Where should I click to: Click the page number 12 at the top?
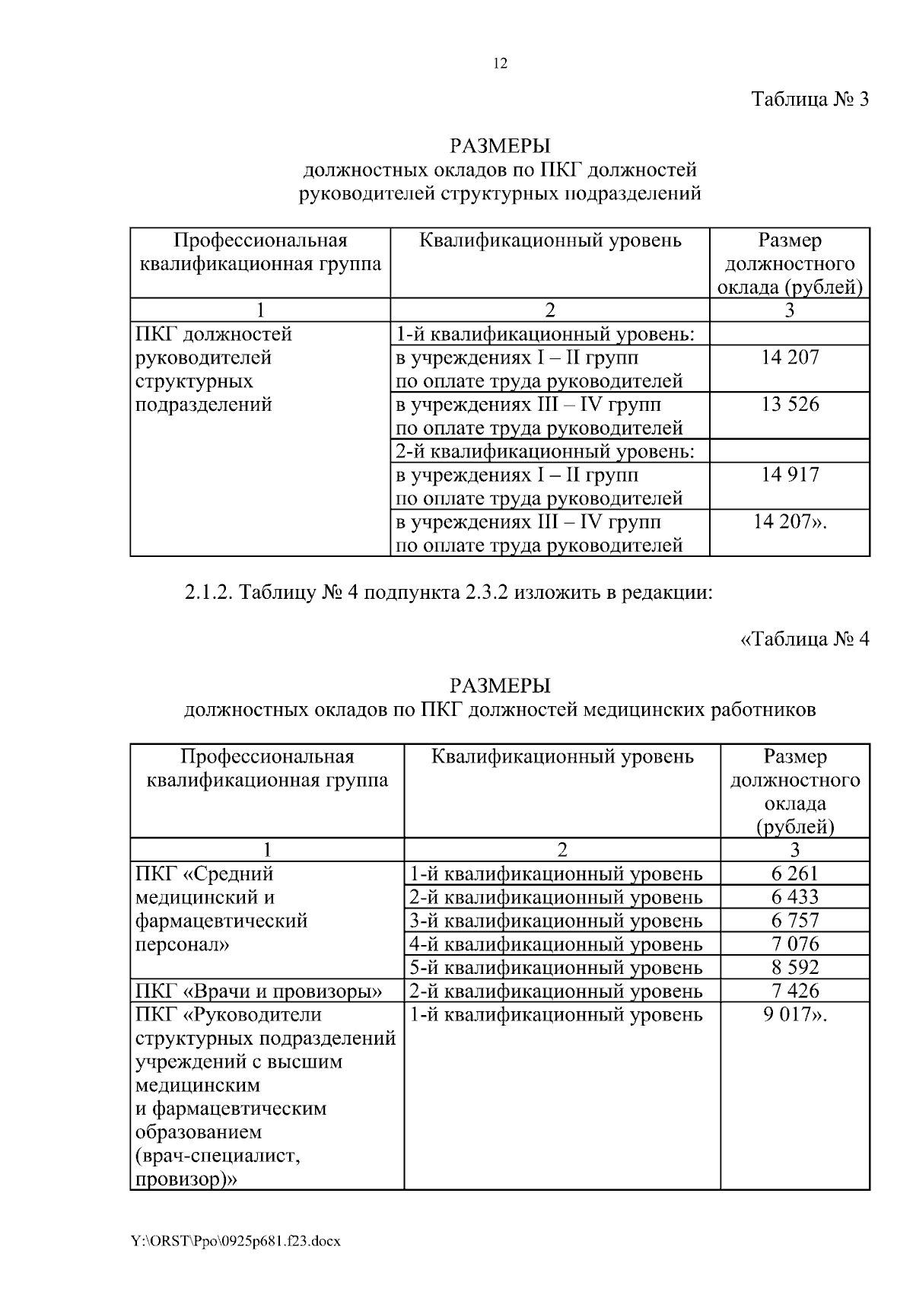coord(500,64)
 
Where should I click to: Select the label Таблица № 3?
coord(810,100)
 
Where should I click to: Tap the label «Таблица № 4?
coord(804,638)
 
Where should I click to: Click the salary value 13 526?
coord(791,404)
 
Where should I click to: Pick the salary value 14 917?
coord(791,475)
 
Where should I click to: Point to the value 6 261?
coord(795,874)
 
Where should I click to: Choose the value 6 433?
coord(795,897)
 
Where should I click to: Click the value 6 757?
coord(795,921)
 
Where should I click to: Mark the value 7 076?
coord(795,944)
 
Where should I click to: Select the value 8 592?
coord(795,968)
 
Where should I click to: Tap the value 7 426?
coord(795,991)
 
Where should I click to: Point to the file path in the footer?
coord(237,1241)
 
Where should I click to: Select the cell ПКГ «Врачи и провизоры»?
coord(259,991)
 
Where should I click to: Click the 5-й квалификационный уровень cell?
coord(556,968)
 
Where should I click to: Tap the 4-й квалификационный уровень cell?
coord(556,944)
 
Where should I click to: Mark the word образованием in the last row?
coord(198,1132)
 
